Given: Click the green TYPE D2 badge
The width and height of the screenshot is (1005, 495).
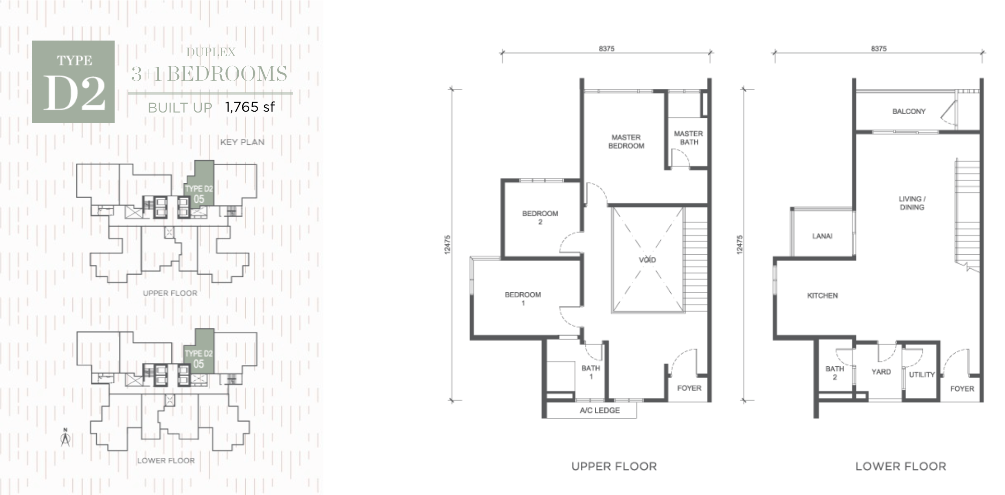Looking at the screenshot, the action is [73, 82].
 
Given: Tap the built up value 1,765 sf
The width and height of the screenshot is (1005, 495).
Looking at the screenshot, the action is [250, 107].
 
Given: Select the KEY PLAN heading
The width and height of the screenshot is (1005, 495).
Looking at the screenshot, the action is [242, 142].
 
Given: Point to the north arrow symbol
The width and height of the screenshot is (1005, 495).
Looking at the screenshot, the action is [65, 438].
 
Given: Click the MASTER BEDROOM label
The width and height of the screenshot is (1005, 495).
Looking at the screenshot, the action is [626, 142].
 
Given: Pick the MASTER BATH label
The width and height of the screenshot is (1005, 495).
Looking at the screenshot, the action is [689, 138].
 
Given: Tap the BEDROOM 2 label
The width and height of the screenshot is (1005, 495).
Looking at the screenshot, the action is [540, 218].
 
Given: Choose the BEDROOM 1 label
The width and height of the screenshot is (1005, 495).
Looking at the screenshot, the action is [523, 299].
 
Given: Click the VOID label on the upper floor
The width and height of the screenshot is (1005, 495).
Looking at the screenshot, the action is [647, 260].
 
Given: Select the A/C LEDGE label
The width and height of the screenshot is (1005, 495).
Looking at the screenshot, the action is [600, 410].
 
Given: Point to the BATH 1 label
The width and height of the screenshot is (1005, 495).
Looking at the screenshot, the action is [591, 372].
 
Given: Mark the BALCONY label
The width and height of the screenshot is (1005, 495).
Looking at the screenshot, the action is [909, 112].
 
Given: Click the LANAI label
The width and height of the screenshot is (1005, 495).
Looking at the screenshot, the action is [822, 236].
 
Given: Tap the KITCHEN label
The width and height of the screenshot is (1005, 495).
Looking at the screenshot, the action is [822, 296].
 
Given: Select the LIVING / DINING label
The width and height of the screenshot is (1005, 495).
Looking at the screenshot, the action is [912, 203].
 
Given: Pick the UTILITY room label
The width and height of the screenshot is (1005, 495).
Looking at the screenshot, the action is [922, 375].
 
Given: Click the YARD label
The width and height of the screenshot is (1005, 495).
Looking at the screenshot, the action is [881, 372].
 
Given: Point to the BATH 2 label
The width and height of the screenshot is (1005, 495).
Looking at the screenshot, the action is [835, 373].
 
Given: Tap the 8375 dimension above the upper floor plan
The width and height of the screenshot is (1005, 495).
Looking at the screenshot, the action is [606, 49].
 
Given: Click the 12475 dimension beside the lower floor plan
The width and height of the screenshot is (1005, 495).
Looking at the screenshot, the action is [739, 245].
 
